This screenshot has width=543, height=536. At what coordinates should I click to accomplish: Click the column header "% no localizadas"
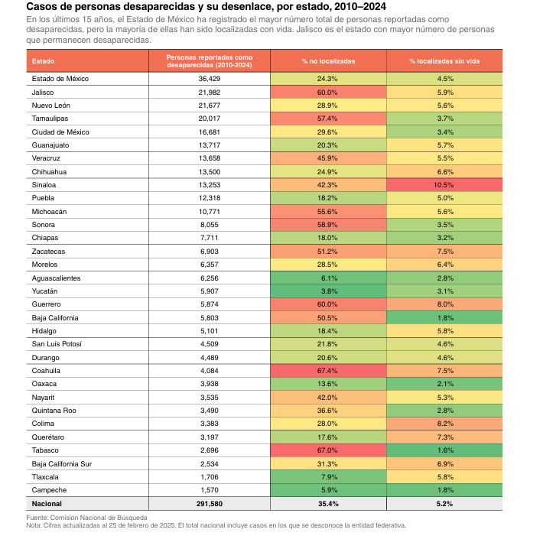tap(328, 61)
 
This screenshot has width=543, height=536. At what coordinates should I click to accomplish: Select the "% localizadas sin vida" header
tap(444, 61)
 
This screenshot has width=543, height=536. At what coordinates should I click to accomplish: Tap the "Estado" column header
tap(43, 61)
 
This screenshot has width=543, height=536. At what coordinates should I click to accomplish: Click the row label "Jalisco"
tap(43, 93)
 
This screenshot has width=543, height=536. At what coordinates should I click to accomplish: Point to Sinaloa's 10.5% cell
tap(444, 185)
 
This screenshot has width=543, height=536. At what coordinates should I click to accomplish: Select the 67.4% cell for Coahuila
tap(328, 371)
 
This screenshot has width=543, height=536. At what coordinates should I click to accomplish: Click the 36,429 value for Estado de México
tap(209, 79)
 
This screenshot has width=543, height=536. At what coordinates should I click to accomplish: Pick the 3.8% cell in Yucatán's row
tap(328, 291)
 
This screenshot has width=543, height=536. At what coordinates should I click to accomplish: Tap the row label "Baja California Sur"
tap(62, 464)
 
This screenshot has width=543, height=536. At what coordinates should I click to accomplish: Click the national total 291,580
tap(209, 504)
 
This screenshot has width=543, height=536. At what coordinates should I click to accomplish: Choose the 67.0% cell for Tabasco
tap(328, 450)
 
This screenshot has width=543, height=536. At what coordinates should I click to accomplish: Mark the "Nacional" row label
tap(47, 504)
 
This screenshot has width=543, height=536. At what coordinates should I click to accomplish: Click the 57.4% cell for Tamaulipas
tap(328, 119)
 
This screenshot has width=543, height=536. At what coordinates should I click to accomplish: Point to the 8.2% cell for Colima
tap(444, 424)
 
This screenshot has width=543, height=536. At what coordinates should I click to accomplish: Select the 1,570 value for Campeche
tap(209, 490)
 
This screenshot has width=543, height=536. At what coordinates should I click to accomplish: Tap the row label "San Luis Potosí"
tap(57, 344)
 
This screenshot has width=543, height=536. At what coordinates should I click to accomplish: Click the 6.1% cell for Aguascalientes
tap(328, 278)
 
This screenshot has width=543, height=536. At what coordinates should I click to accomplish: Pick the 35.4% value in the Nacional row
tap(328, 504)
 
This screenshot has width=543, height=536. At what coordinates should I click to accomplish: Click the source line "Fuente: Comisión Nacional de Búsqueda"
tap(86, 518)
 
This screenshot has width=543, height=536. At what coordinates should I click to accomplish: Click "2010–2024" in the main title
tap(360, 7)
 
